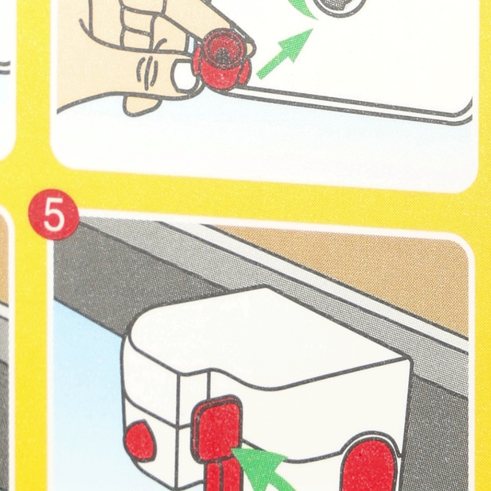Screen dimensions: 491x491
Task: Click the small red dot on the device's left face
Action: (x=140, y=441)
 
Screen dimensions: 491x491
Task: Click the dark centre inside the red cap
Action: (x=223, y=57)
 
